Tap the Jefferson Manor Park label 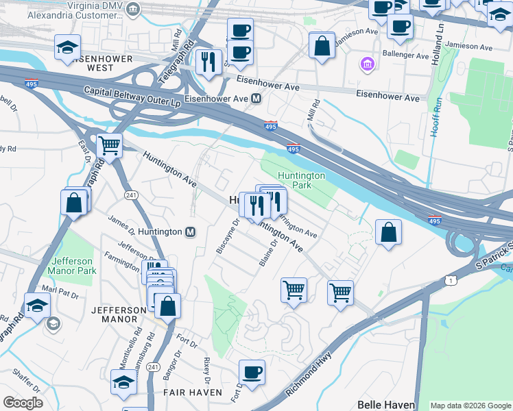click(x=73, y=266)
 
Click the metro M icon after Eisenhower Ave click(x=256, y=99)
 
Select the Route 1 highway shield click(x=450, y=279)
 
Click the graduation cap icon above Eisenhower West click(x=67, y=47)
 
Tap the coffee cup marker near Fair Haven click(x=252, y=373)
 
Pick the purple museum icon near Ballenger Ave click(x=368, y=65)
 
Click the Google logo click(x=23, y=403)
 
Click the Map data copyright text click(x=470, y=406)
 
